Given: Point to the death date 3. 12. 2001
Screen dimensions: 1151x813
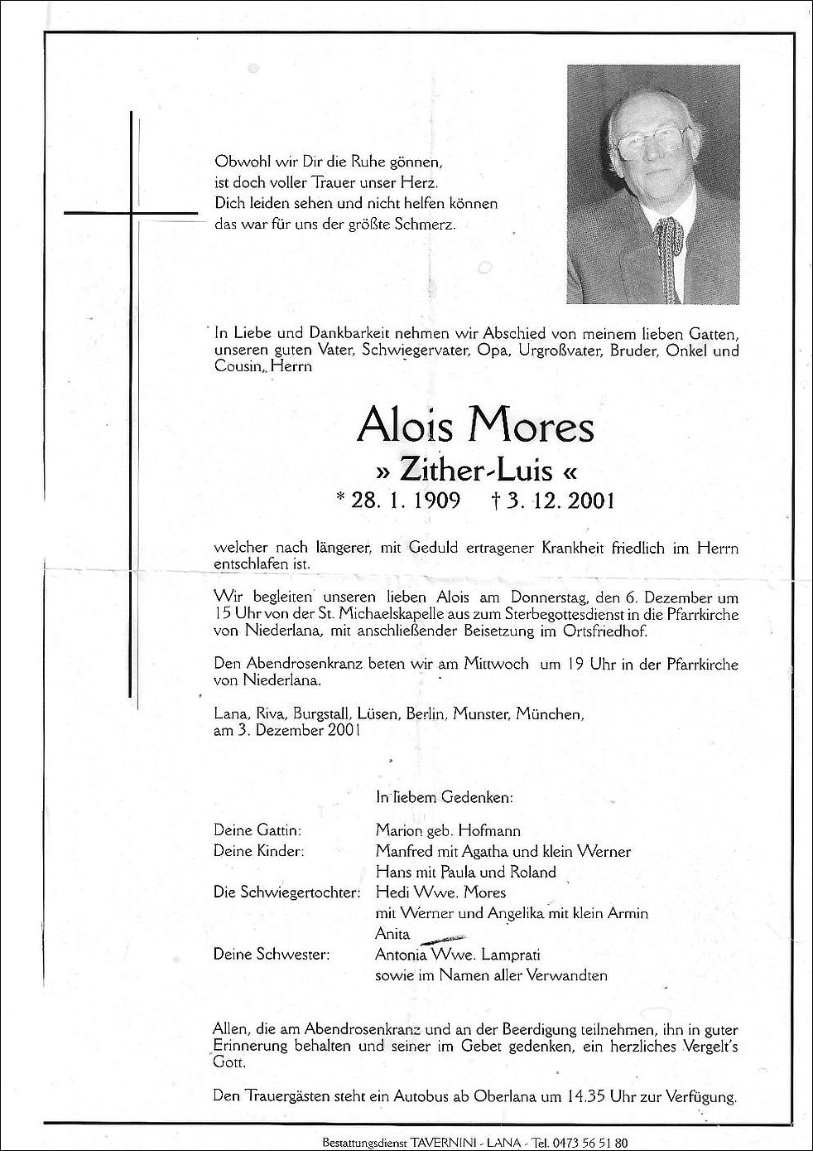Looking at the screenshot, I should click(x=560, y=501).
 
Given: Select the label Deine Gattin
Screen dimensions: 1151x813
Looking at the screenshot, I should click(x=257, y=830).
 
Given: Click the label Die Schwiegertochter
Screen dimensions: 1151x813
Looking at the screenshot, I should click(x=286, y=892).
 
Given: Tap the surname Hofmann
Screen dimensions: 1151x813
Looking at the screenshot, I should click(x=492, y=830).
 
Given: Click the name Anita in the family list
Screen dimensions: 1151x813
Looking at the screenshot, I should click(x=392, y=934).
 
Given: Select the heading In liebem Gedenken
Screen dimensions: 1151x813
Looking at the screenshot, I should click(x=444, y=798).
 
